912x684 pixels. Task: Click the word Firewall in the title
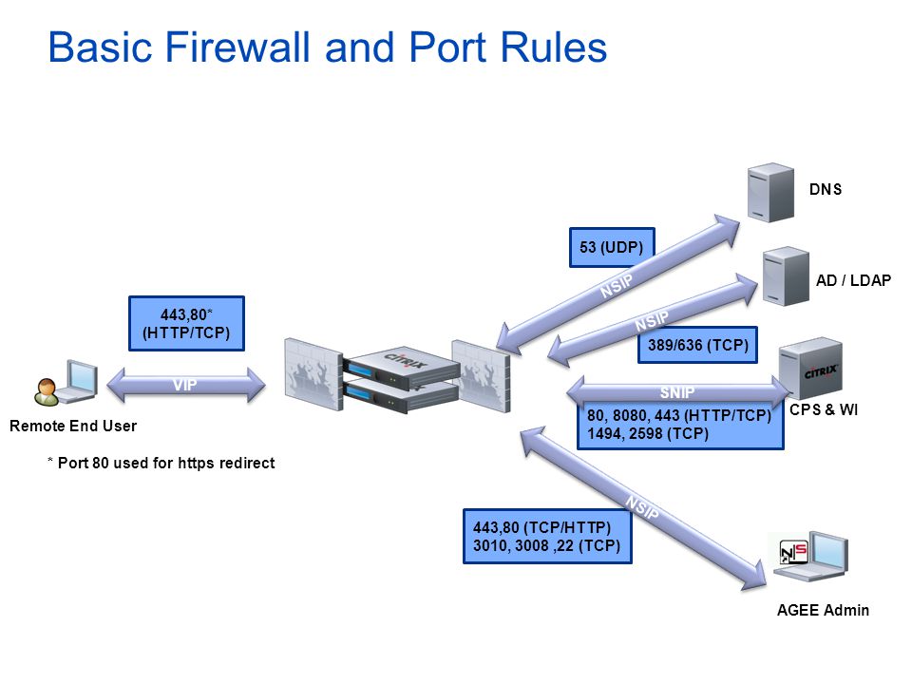pyautogui.click(x=237, y=47)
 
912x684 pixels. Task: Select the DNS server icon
pyautogui.click(x=770, y=193)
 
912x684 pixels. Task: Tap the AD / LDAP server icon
pyautogui.click(x=786, y=276)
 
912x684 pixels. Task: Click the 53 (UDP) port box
pyautogui.click(x=612, y=247)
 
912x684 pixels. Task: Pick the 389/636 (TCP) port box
pyautogui.click(x=697, y=345)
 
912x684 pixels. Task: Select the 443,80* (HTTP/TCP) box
pyautogui.click(x=186, y=323)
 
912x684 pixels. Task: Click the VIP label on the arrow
pyautogui.click(x=185, y=385)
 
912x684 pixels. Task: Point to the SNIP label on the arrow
pyautogui.click(x=677, y=392)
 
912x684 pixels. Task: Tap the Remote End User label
pyautogui.click(x=73, y=426)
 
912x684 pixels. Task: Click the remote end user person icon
pyautogui.click(x=47, y=391)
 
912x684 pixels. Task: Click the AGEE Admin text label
pyautogui.click(x=823, y=610)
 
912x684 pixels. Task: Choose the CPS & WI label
pyautogui.click(x=824, y=409)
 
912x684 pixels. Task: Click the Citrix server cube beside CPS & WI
pyautogui.click(x=810, y=369)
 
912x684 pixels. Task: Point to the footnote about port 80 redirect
pyautogui.click(x=161, y=463)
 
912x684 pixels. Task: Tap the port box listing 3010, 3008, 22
pyautogui.click(x=547, y=536)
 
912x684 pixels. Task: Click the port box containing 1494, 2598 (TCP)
pyautogui.click(x=680, y=425)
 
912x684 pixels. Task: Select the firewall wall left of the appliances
pyautogui.click(x=313, y=374)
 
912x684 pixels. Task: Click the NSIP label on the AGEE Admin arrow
pyautogui.click(x=643, y=507)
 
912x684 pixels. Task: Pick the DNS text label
pyautogui.click(x=826, y=189)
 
